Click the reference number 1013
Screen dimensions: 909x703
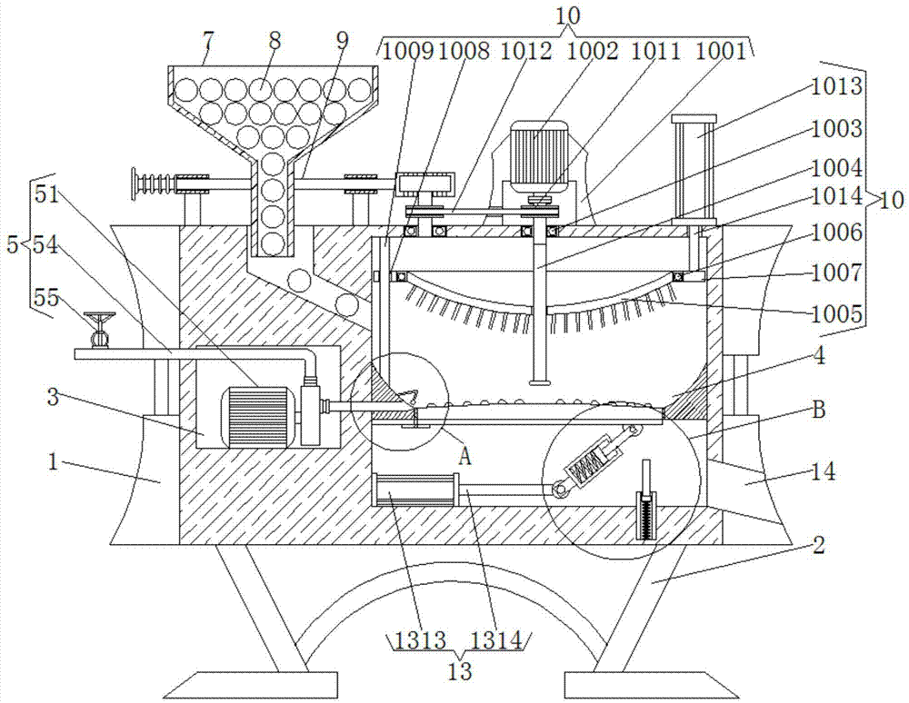(836, 87)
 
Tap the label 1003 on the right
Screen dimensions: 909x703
(836, 129)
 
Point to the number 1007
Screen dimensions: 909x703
(836, 272)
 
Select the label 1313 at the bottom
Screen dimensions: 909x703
(420, 640)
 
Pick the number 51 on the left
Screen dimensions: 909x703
(47, 194)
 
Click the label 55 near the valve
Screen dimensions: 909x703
(46, 299)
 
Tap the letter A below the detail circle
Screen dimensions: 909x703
(464, 458)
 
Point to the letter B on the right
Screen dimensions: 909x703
(819, 410)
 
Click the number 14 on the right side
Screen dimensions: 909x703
(824, 472)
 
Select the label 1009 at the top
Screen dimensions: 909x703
(408, 52)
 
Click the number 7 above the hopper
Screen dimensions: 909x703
(209, 43)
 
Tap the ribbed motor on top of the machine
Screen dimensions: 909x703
(538, 149)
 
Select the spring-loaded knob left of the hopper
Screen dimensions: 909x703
(154, 184)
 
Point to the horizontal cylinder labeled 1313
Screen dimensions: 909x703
(415, 490)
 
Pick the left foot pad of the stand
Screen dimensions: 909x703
(251, 686)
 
